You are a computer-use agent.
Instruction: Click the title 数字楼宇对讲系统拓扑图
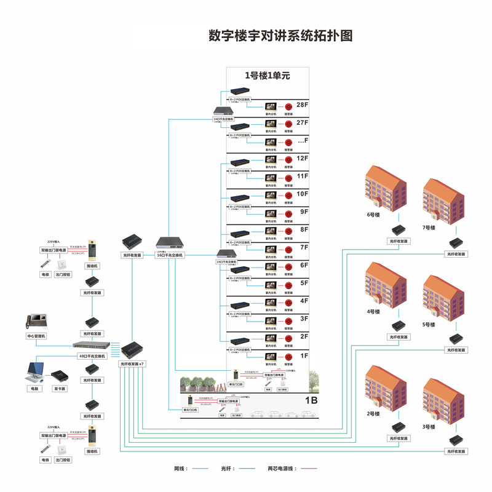(280, 35)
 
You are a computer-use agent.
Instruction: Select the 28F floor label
(302, 105)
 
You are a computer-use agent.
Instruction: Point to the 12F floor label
(302, 158)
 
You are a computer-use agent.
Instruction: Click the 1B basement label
(311, 400)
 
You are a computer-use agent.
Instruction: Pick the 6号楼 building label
(374, 215)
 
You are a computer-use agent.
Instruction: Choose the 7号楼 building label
(429, 228)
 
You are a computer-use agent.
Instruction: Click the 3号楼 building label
(429, 427)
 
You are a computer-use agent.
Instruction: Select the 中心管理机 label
(36, 336)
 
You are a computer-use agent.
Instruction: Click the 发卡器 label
(60, 389)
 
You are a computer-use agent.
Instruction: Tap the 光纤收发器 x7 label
(132, 364)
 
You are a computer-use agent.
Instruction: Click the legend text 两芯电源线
(282, 469)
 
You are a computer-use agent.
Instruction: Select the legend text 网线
(181, 469)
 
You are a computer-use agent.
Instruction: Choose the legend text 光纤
(228, 469)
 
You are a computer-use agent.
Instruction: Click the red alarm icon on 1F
(288, 357)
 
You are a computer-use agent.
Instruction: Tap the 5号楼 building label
(429, 324)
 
